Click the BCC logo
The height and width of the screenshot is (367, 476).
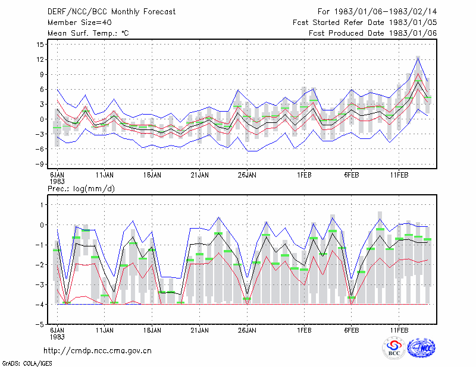point(394,348)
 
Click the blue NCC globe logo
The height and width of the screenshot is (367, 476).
point(421,348)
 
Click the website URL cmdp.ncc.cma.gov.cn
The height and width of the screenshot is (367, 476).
point(98,351)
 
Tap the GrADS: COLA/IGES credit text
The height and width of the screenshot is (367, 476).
point(27,363)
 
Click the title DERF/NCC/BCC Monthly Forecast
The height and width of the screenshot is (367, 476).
point(111,12)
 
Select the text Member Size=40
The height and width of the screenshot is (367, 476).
point(80,23)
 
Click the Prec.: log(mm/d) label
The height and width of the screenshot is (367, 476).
point(81,189)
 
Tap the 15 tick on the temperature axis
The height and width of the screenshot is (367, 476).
point(40,45)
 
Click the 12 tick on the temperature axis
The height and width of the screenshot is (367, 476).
point(40,59)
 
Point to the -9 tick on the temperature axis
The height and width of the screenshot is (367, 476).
point(39,164)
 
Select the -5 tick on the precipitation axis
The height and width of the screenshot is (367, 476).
point(39,324)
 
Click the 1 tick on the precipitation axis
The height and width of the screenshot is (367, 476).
point(42,205)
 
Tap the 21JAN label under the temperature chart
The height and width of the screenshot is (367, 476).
point(199,175)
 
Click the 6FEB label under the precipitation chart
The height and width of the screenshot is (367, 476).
point(352,330)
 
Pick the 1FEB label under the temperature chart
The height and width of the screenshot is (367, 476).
point(304,175)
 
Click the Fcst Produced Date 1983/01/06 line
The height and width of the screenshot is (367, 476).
point(373,33)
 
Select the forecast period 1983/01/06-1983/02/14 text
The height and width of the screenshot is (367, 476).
point(386,12)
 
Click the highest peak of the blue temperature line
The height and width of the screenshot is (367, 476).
point(418,58)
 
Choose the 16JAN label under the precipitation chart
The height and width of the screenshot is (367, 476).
point(152,330)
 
